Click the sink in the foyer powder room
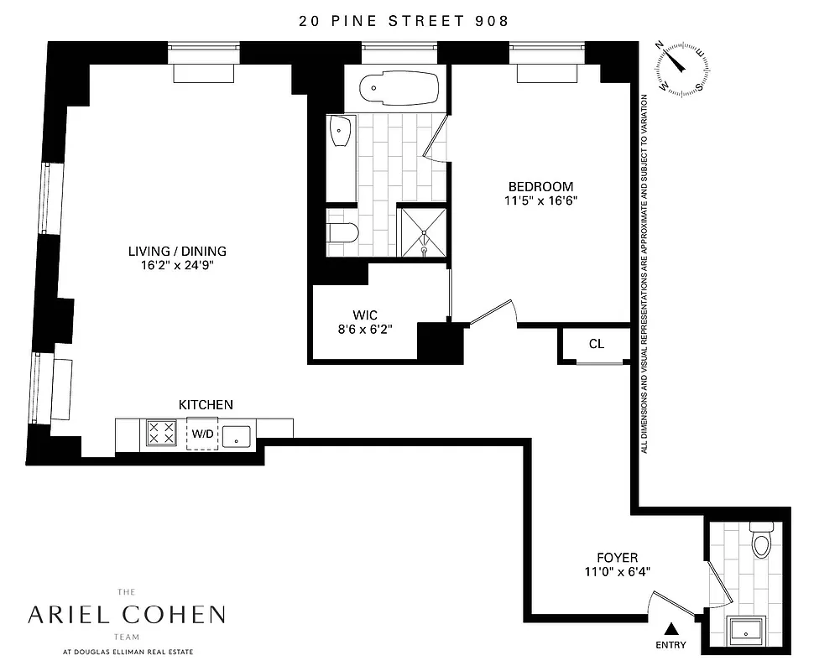coord(744,630)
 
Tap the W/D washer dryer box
coord(202,434)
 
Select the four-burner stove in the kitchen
coord(161,433)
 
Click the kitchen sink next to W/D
coord(237,434)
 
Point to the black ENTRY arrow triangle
coord(671,627)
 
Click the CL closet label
coord(596,344)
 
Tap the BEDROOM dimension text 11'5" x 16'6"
coord(540,200)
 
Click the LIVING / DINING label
coord(177,251)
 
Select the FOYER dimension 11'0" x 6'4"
coord(617,571)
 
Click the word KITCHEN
coord(206,405)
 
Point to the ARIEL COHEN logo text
coord(126,615)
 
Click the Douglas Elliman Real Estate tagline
coord(126,650)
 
